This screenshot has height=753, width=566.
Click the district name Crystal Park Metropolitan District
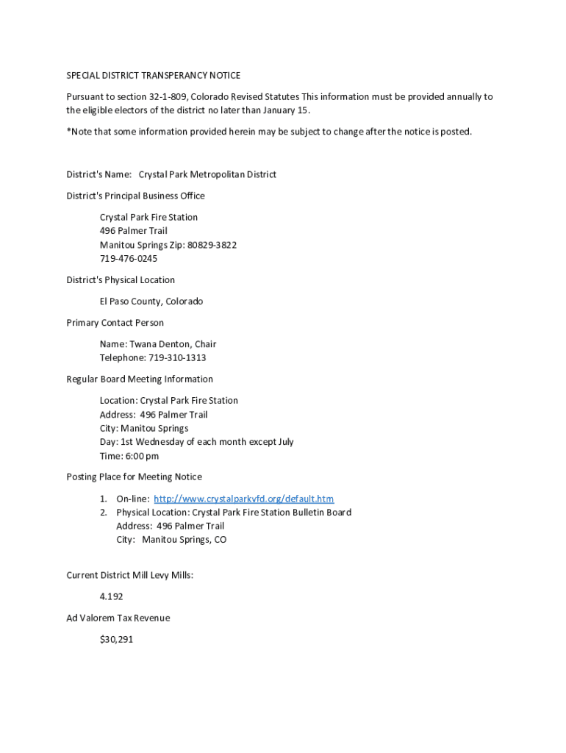pyautogui.click(x=207, y=174)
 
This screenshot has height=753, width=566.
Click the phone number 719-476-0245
pyautogui.click(x=129, y=259)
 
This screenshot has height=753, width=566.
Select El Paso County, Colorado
pyautogui.click(x=151, y=301)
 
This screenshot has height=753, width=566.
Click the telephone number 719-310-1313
pyautogui.click(x=177, y=358)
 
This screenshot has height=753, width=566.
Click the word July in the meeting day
pyautogui.click(x=282, y=442)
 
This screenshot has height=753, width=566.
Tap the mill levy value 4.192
pyautogui.click(x=112, y=597)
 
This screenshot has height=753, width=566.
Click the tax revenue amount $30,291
pyautogui.click(x=116, y=640)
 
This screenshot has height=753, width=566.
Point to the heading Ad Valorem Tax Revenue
pyautogui.click(x=118, y=618)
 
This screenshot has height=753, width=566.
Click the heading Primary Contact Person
pyautogui.click(x=115, y=323)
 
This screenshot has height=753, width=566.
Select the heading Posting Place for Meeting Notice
pyautogui.click(x=134, y=477)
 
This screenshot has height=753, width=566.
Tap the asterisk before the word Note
pyautogui.click(x=68, y=131)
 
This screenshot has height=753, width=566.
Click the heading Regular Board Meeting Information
pyautogui.click(x=140, y=379)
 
